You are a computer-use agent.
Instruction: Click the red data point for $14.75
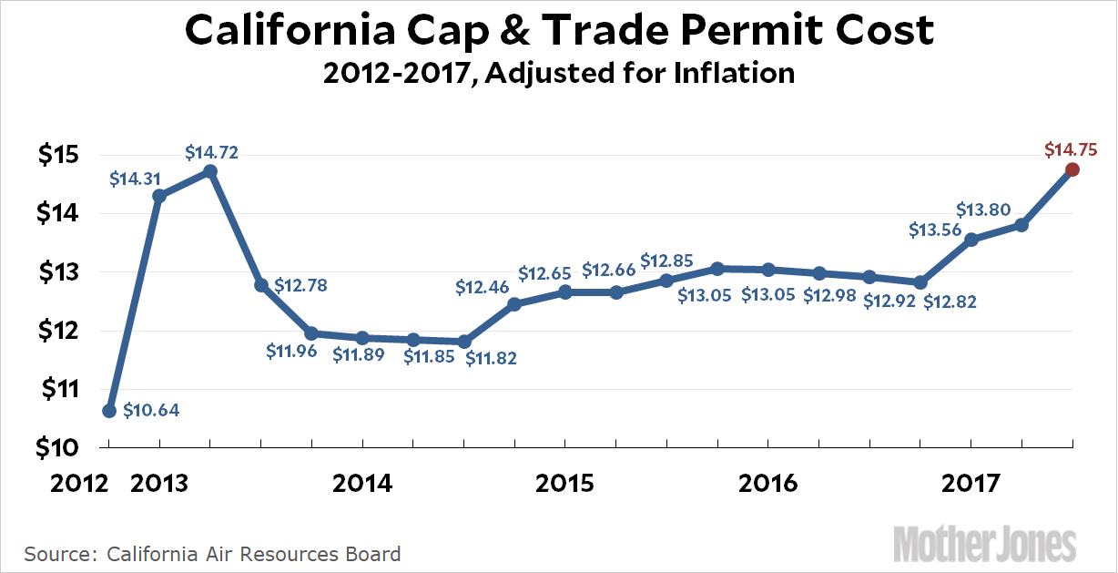[1072, 169]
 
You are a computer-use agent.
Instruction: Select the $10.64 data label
[151, 410]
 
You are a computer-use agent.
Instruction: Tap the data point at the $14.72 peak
[210, 170]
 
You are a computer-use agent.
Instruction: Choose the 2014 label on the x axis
[362, 483]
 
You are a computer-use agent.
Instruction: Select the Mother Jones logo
[985, 544]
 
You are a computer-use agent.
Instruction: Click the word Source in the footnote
[60, 553]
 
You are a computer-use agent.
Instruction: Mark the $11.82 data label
[491, 358]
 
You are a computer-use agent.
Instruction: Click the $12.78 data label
[300, 286]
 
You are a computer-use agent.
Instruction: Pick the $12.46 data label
[483, 287]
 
